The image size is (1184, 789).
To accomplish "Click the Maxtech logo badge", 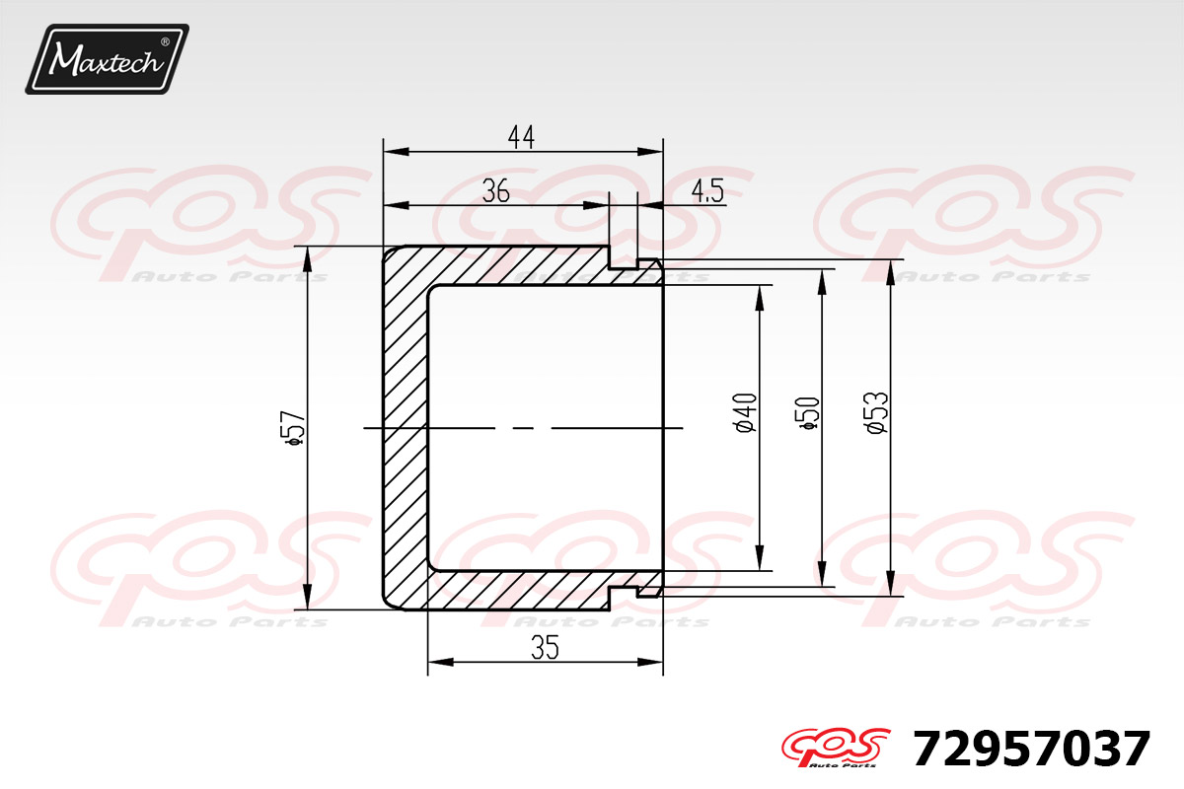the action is point(108,59).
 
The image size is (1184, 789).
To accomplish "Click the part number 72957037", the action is point(1032,749).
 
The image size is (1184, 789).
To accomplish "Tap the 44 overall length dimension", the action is point(521,137).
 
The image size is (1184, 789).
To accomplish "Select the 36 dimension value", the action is point(495,190).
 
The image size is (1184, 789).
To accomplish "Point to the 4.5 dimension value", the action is point(707,190).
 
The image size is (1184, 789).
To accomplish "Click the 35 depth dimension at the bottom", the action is point(545,647).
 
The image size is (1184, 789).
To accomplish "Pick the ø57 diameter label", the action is point(295,427).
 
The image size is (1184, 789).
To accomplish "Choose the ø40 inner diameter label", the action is point(746,412).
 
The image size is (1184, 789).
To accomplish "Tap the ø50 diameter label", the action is point(808,412).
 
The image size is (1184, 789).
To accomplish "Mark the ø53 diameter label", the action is point(877,412).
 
